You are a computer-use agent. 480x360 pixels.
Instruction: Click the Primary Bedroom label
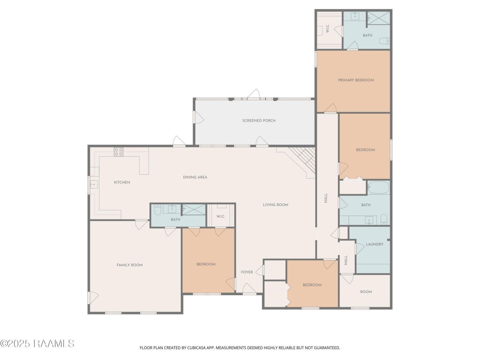(356, 80)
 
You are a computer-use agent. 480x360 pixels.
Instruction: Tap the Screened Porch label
(259, 120)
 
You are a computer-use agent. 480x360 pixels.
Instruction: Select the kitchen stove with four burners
(118, 152)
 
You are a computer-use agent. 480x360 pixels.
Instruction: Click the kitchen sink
(94, 184)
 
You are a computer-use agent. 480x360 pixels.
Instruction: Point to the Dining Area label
(195, 177)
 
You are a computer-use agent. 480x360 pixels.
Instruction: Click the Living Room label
(276, 205)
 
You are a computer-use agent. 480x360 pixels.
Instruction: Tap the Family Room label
(130, 265)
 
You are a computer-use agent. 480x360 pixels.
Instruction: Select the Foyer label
(247, 272)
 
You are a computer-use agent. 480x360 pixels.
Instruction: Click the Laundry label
(375, 244)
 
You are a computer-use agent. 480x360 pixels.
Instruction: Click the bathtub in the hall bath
(378, 187)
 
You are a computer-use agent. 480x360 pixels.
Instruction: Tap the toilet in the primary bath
(384, 41)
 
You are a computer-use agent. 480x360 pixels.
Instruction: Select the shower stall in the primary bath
(378, 18)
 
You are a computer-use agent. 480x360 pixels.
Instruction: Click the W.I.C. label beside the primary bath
(328, 28)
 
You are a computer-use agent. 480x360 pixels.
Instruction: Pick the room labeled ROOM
(366, 292)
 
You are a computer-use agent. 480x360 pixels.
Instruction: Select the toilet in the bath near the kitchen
(157, 210)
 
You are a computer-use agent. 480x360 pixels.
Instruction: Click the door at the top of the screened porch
(253, 94)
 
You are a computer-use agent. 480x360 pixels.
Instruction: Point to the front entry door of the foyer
(250, 289)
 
